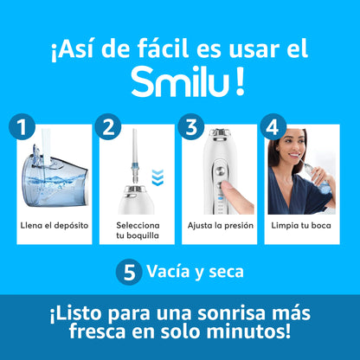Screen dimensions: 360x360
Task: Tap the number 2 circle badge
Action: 108,128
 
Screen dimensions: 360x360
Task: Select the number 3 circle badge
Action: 190,128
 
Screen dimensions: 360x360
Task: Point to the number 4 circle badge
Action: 272,128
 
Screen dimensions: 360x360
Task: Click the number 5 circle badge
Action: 128,273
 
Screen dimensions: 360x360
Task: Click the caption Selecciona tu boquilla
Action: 138,229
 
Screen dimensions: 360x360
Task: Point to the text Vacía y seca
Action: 195,272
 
